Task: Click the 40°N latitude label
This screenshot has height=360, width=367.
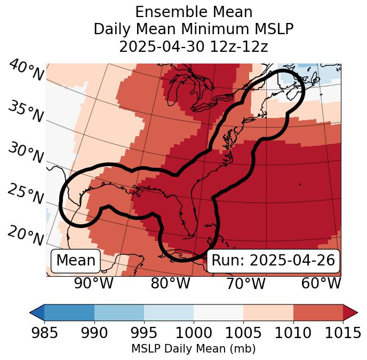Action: coord(26,71)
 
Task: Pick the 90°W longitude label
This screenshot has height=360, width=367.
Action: coord(94,284)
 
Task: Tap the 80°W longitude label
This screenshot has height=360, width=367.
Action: coord(170,284)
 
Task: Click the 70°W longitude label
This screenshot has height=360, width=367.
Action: coord(246,284)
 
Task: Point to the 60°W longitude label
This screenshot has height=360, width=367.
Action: coord(321,284)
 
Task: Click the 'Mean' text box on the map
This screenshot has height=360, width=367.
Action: coord(76,261)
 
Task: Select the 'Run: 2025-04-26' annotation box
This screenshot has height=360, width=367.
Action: coord(273,261)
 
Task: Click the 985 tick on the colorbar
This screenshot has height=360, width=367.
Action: coord(44,333)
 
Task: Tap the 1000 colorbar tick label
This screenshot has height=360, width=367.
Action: coord(194,333)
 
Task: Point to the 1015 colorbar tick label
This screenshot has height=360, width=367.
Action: coord(343,333)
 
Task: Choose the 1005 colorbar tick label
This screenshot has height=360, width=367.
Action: coord(243,333)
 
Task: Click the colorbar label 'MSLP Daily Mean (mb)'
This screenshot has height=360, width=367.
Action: coord(194,349)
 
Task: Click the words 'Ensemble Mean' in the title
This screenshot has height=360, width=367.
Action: coord(194,12)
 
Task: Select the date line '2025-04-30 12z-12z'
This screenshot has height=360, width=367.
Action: coord(194,46)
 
